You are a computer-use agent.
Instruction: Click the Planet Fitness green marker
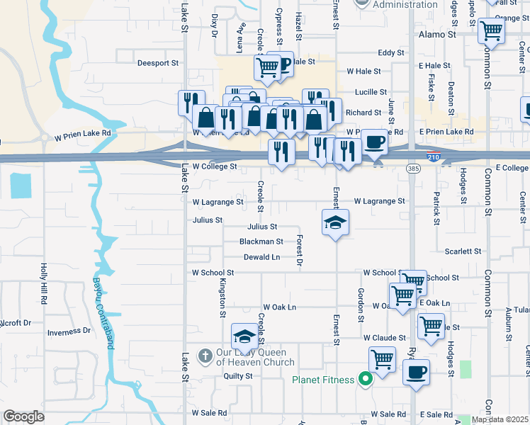pyautogui.click(x=365, y=380)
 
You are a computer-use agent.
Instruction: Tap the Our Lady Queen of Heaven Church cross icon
pyautogui.click(x=205, y=356)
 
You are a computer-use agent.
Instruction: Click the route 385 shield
pyautogui.click(x=413, y=168)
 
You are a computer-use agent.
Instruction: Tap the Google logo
pyautogui.click(x=23, y=416)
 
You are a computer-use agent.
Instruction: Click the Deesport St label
pyautogui.click(x=157, y=63)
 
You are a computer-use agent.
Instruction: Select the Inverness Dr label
pyautogui.click(x=69, y=331)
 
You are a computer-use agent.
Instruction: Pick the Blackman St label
pyautogui.click(x=261, y=242)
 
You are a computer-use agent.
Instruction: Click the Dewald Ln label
pyautogui.click(x=261, y=257)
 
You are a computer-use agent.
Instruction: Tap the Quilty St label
pyautogui.click(x=238, y=377)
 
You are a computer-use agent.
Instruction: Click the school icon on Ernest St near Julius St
pyautogui.click(x=336, y=222)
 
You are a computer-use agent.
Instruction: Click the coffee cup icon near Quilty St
pyautogui.click(x=416, y=372)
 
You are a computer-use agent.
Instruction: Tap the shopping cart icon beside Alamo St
pyautogui.click(x=490, y=30)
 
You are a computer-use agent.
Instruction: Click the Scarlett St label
pyautogui.click(x=463, y=251)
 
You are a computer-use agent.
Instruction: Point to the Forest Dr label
pyautogui.click(x=300, y=251)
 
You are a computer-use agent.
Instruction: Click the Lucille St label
pyautogui.click(x=371, y=92)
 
